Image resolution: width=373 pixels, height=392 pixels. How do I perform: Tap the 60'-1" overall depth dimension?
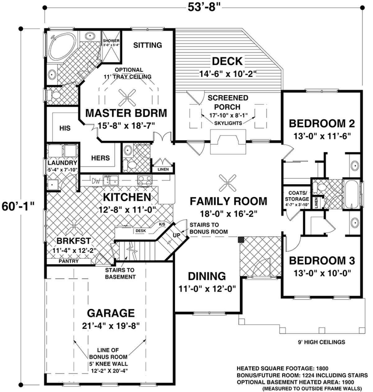pyautogui.click(x=18, y=206)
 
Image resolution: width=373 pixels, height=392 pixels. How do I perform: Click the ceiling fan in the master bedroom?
pyautogui.click(x=127, y=97)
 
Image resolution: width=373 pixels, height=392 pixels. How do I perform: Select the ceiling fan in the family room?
pyautogui.click(x=228, y=183)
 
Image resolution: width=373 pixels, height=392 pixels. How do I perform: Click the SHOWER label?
pyautogui.click(x=111, y=41)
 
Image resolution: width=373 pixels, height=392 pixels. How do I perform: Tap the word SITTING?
pyautogui.click(x=147, y=45)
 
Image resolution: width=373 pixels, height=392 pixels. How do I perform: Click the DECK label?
pyautogui.click(x=227, y=61)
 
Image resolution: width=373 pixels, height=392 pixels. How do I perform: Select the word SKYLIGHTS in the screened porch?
pyautogui.click(x=228, y=123)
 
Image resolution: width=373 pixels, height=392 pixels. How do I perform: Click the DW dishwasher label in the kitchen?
pyautogui.click(x=96, y=181)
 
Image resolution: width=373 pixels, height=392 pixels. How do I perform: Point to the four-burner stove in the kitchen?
pyautogui.click(x=145, y=181)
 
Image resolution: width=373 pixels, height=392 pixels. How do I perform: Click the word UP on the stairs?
pyautogui.click(x=177, y=235)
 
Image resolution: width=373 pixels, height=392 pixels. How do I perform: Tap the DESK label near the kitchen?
pyautogui.click(x=141, y=231)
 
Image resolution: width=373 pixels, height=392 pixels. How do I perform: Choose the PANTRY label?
pyautogui.click(x=69, y=261)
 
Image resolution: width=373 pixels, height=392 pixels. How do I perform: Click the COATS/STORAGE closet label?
pyautogui.click(x=297, y=196)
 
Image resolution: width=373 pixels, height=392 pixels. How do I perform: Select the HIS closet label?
pyautogui.click(x=65, y=128)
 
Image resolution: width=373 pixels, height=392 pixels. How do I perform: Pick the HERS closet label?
pyautogui.click(x=100, y=158)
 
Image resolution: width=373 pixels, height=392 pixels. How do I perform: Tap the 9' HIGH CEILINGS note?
pyautogui.click(x=321, y=342)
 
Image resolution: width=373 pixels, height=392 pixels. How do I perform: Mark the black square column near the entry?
pyautogui.click(x=241, y=240)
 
